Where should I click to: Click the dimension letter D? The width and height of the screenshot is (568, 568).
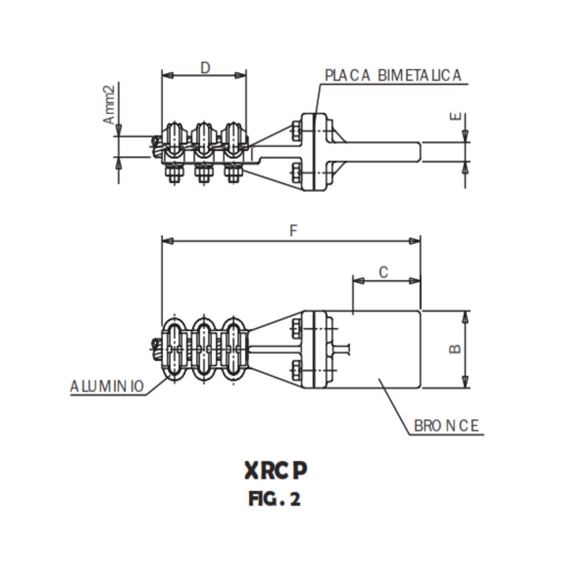coord(205,67)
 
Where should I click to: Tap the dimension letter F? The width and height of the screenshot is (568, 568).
coord(293,231)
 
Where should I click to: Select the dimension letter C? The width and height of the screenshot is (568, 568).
coord(384,272)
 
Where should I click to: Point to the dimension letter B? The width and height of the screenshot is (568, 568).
coord(455,349)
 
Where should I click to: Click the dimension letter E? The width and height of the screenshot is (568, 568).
coord(455,117)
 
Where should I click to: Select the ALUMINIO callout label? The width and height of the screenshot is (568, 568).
coord(107,387)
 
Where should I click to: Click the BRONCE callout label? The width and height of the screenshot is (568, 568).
coord(447,425)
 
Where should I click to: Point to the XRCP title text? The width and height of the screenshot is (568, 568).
coord(275,471)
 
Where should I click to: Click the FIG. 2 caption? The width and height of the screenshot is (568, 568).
coord(275,499)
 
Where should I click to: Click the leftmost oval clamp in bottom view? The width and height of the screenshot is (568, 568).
coord(173,348)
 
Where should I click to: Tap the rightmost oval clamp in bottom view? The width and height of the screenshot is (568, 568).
coord(235,348)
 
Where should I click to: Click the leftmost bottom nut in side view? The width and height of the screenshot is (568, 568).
coord(174,173)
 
